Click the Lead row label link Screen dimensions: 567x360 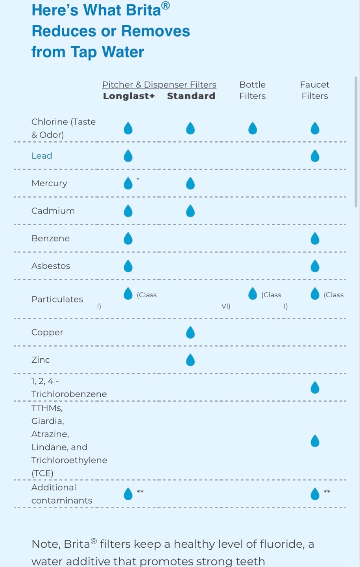42,156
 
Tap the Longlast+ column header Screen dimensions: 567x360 129,96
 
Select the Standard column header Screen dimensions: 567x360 191,96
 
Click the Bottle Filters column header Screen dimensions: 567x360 253,90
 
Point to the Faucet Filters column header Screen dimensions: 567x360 315,90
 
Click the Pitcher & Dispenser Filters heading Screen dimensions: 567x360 159,85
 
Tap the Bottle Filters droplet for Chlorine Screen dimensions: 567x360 253,128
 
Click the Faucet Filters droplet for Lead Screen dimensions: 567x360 315,156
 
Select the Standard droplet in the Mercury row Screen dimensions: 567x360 190,183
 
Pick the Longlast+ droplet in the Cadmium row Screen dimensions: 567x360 128,211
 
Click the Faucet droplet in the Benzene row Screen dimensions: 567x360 315,239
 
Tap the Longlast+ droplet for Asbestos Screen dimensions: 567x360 128,266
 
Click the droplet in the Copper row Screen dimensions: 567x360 190,333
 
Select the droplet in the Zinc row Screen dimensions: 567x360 190,360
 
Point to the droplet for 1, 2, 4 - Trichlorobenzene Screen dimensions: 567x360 315,388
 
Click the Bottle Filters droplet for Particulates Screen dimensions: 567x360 253,294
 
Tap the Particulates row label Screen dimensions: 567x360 57,299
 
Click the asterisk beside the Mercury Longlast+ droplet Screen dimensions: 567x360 138,180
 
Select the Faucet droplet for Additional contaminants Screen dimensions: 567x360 315,494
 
